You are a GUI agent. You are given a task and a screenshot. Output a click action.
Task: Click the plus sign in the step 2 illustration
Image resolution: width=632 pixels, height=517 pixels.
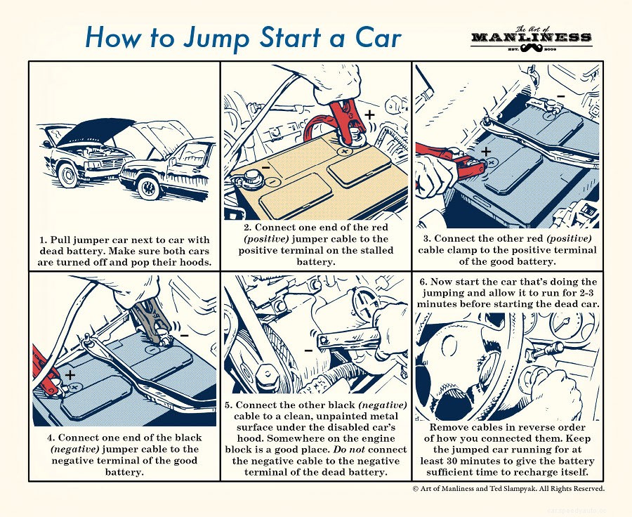(369, 114)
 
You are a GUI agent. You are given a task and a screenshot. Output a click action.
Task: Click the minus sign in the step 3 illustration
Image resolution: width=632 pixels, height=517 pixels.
(560, 93)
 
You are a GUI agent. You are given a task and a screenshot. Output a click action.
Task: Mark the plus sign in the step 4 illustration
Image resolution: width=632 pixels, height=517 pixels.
(70, 374)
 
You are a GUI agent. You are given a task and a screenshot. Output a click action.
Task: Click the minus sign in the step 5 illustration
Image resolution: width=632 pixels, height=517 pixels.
(308, 349)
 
